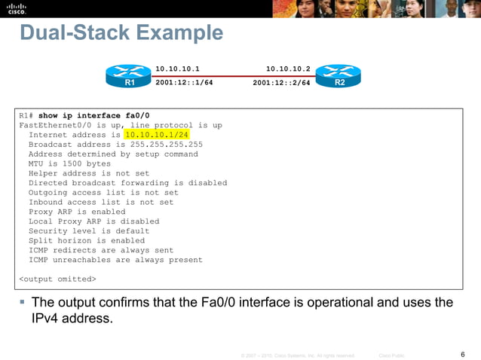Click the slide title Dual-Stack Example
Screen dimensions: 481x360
point(121,34)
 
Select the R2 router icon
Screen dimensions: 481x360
point(339,76)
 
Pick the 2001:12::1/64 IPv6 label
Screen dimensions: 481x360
point(184,83)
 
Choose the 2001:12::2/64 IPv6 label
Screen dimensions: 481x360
point(282,83)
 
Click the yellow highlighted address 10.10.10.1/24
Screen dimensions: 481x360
point(158,135)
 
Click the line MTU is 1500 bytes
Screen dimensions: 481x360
point(69,163)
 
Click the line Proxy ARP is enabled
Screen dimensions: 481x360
point(77,212)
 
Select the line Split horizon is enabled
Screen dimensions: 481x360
point(86,241)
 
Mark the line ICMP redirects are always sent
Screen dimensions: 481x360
point(101,250)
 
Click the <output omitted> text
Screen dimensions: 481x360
point(57,279)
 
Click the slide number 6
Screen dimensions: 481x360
point(461,355)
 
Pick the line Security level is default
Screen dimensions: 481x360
point(89,231)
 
